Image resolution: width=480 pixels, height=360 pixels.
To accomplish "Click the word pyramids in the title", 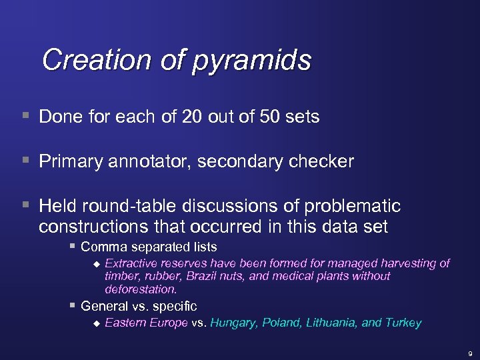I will (252, 61).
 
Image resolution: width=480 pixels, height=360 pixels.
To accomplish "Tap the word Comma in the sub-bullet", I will (101, 247).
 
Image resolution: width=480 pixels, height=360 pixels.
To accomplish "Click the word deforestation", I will (141, 289).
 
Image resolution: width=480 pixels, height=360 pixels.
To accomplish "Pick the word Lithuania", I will (329, 323).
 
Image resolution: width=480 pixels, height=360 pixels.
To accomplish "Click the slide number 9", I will (469, 353).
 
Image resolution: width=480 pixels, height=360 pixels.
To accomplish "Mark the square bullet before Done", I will (25, 116).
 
